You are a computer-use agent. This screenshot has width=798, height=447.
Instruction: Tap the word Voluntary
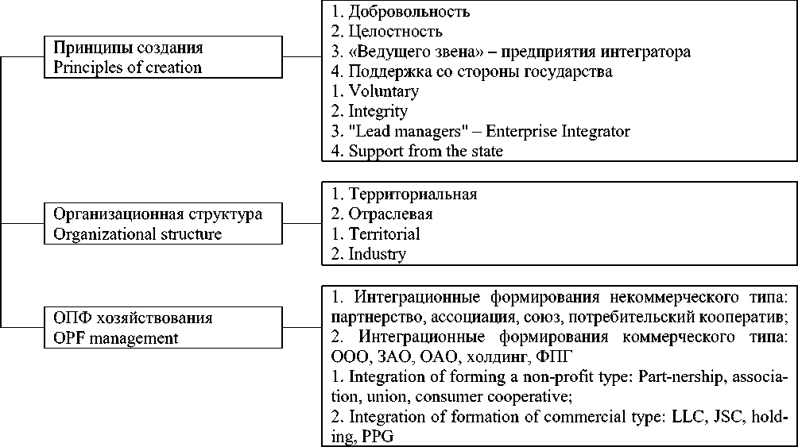click(x=384, y=91)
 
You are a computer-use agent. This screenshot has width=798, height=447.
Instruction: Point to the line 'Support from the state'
click(x=425, y=151)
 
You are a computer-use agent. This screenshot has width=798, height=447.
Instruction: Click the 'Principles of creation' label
click(x=127, y=67)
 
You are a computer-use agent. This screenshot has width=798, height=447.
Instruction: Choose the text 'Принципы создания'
click(x=127, y=48)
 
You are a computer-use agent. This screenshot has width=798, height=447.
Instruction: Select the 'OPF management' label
click(x=115, y=338)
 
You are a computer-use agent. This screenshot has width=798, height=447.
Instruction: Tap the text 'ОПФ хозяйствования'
click(x=133, y=318)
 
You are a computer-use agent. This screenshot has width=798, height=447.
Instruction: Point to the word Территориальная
click(x=413, y=195)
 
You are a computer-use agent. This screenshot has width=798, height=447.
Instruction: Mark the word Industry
click(x=378, y=254)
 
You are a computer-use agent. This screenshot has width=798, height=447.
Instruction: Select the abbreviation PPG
click(x=378, y=437)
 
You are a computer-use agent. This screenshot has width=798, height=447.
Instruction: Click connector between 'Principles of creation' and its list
click(x=302, y=57)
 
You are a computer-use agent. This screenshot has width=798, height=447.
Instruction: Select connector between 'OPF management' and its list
click(x=302, y=328)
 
